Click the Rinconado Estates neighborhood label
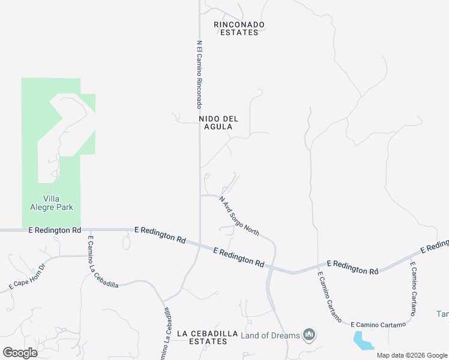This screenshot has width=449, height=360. coord(239,28)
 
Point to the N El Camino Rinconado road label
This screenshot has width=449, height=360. coord(199,74)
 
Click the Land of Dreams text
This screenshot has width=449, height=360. coord(270,335)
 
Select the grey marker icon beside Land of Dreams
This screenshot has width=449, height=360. coord(309,334)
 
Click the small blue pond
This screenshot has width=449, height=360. coord(363,341)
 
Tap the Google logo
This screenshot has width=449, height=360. coord(20,352)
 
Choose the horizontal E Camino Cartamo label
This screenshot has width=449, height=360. coord(378,325)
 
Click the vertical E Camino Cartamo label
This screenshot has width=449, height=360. coord(413,289)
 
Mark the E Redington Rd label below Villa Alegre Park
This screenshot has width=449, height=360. coord(55,230)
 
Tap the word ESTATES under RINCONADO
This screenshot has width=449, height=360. coord(239,32)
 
